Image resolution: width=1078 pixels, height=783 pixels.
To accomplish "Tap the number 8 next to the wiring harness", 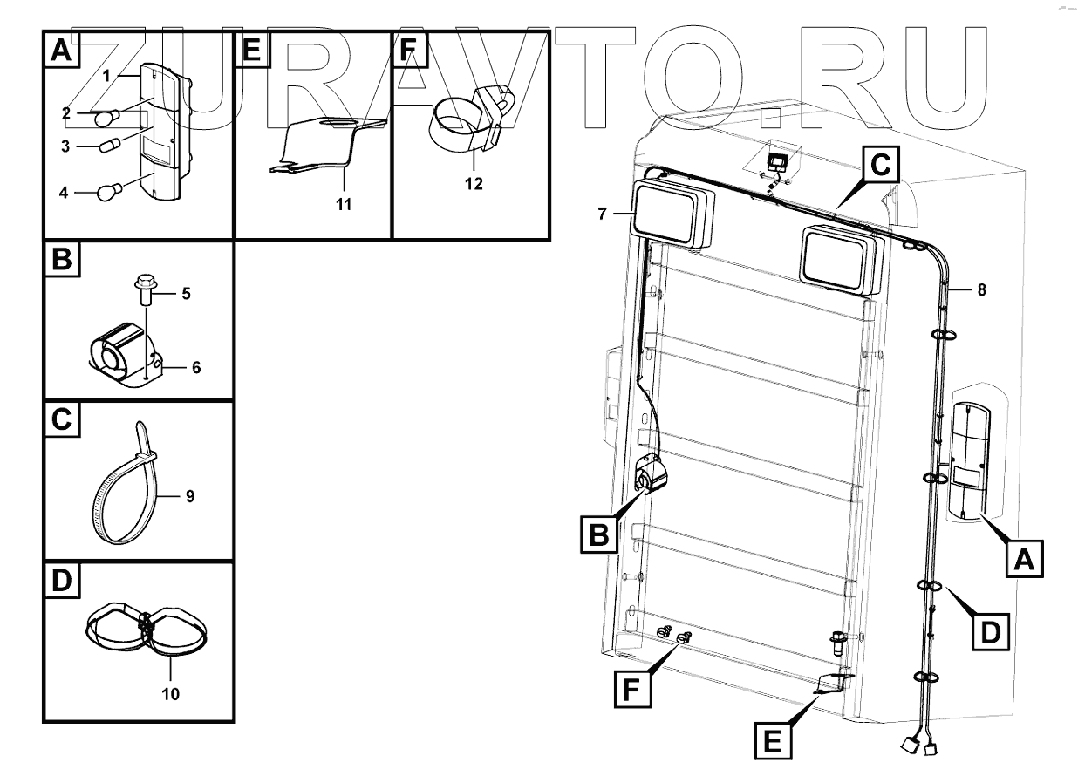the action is [x=982, y=291].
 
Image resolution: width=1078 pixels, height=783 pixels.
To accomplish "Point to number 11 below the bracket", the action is [x=345, y=205].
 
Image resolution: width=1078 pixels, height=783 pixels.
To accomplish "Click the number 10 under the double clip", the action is [x=170, y=695].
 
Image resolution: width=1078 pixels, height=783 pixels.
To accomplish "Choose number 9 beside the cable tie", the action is [x=189, y=496].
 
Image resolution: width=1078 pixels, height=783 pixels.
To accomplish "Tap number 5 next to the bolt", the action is [x=185, y=294].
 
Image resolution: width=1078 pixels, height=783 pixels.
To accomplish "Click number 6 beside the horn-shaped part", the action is [x=196, y=368].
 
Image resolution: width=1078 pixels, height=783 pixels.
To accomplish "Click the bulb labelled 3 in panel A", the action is [x=108, y=146].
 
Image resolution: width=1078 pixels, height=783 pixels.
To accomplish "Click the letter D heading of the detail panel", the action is [x=60, y=580].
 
